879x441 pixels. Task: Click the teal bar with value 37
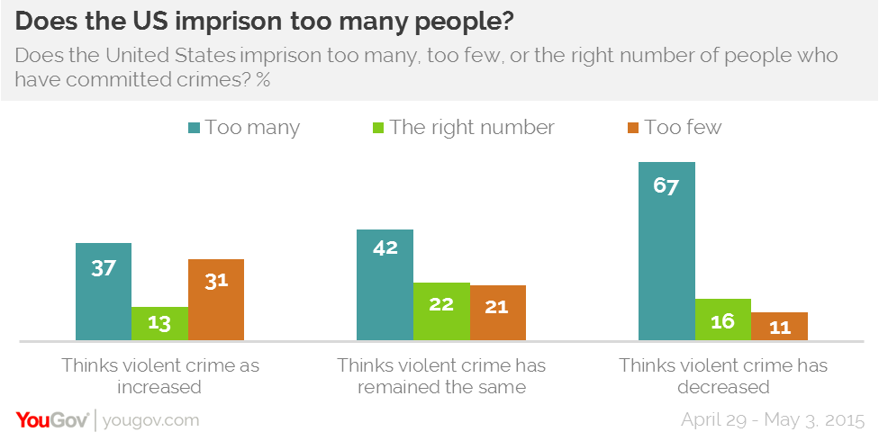pos(104,292)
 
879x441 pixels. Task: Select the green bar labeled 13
pos(159,323)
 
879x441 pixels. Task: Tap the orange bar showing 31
pos(215,300)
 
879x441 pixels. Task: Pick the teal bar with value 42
pos(385,285)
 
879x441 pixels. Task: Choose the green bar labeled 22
pos(441,311)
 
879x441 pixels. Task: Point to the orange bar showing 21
pos(497,313)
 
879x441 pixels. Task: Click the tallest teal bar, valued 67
pos(666,251)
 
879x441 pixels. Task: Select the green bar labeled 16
pos(722,319)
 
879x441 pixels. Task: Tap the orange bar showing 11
pos(779,326)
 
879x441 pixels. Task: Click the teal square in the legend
pos(194,128)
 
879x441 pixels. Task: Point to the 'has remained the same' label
pos(441,377)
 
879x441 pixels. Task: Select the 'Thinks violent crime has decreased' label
pos(723,377)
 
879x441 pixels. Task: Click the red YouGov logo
pos(50,420)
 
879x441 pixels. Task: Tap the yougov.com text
pos(151,420)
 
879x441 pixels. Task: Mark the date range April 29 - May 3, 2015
pos(773,420)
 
